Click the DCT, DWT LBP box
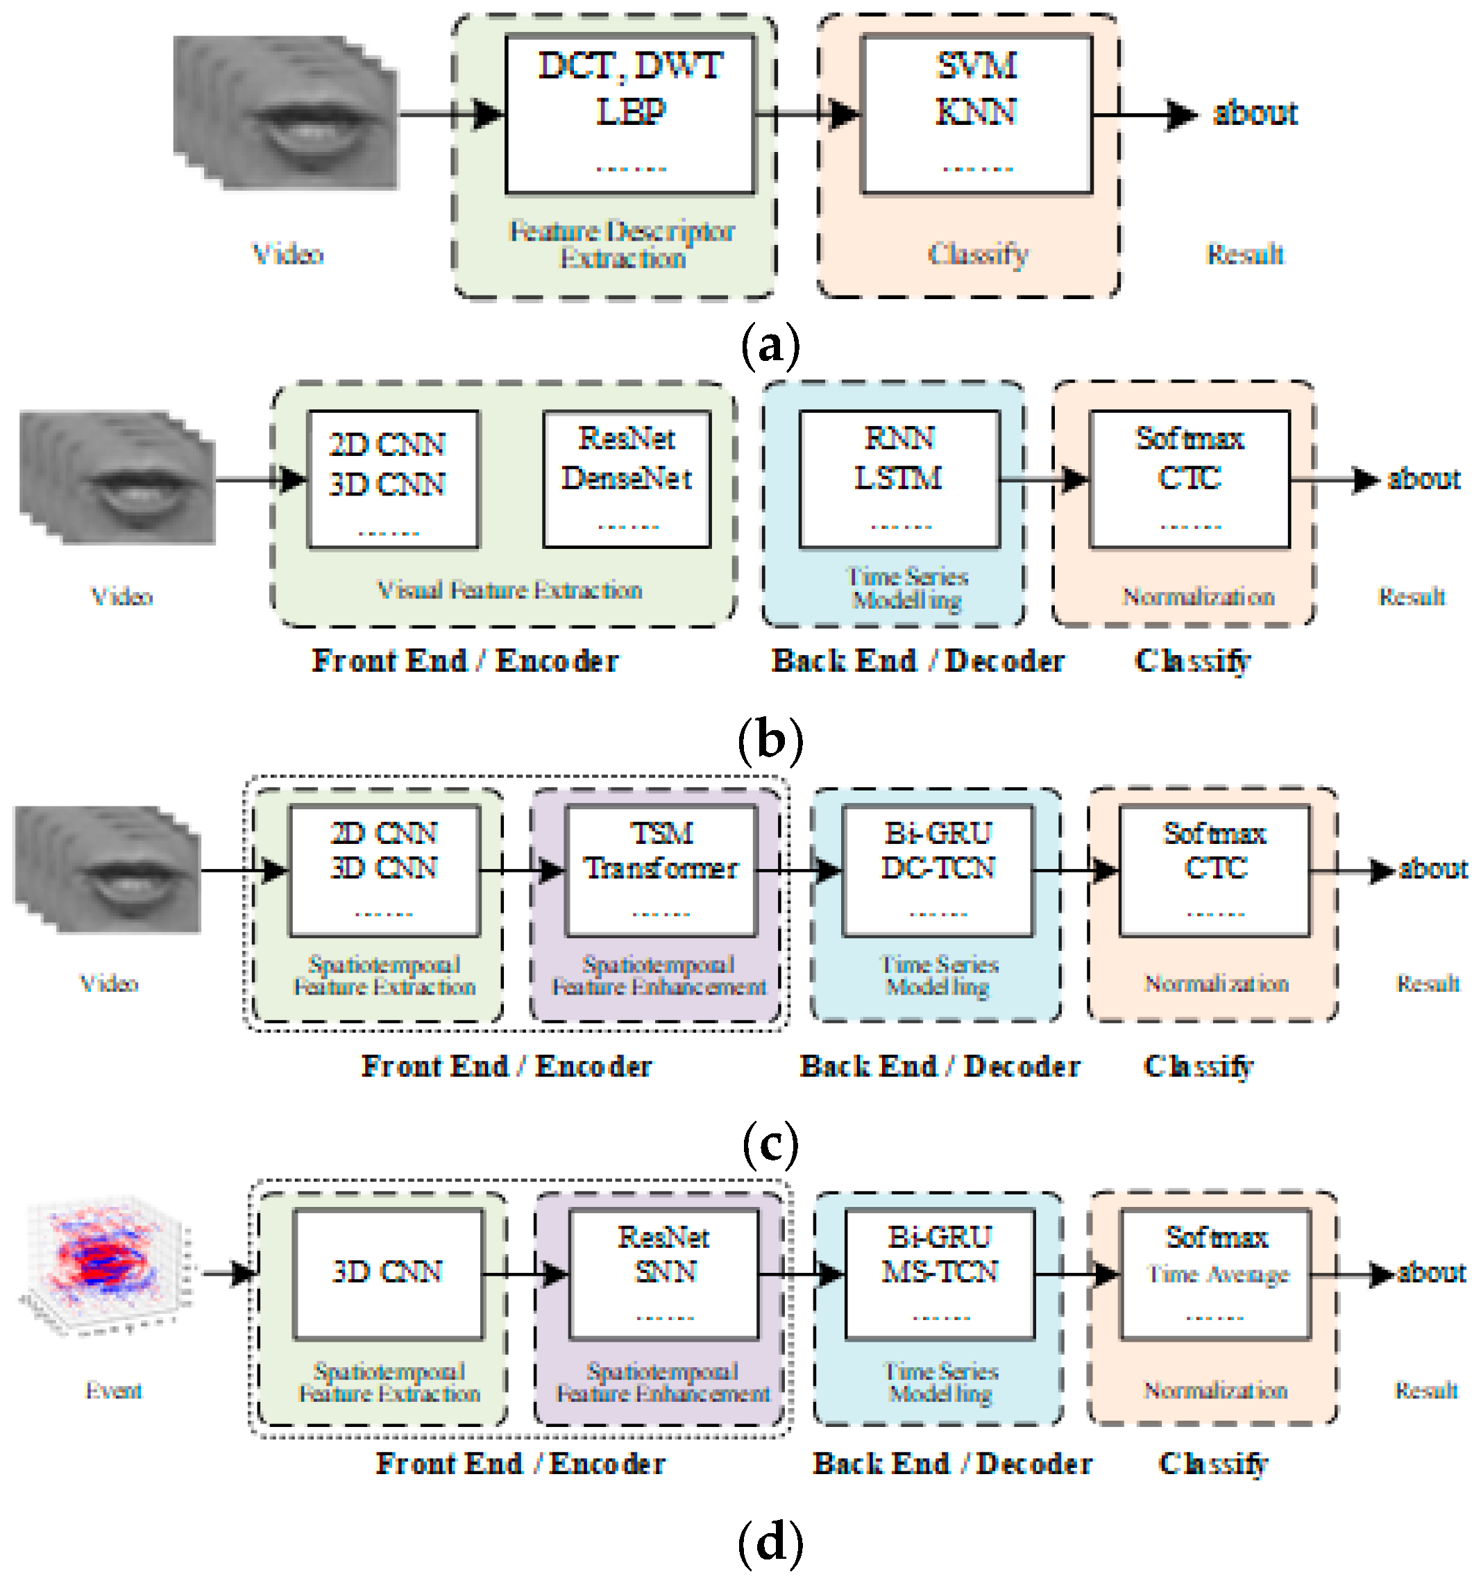(629, 114)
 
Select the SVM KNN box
(976, 114)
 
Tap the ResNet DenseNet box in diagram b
(627, 479)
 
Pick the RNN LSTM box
(899, 479)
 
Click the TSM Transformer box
(660, 870)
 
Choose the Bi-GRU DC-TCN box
(937, 870)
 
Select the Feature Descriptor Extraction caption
(622, 244)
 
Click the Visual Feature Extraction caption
(509, 590)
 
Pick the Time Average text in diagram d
(1217, 1275)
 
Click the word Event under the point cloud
(114, 1390)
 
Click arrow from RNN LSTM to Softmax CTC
(1044, 479)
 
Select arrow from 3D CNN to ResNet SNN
(525, 1274)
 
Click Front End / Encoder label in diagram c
(507, 1065)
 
